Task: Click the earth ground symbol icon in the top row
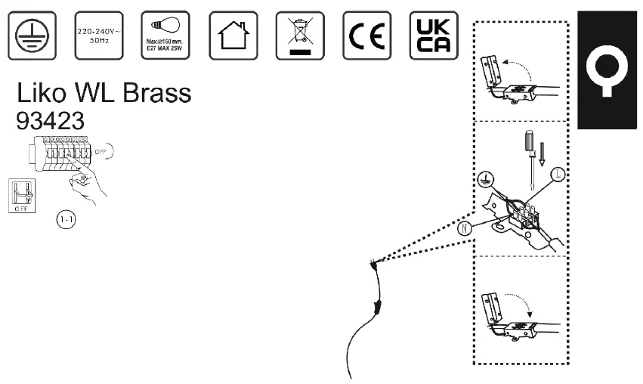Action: click(x=31, y=36)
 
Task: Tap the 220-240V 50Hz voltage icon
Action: click(x=97, y=35)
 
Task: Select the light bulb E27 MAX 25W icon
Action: click(x=164, y=36)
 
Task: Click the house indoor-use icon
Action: click(x=232, y=36)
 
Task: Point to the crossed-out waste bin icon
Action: click(x=300, y=36)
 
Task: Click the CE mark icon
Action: click(x=366, y=36)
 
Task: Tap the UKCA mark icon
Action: click(x=434, y=36)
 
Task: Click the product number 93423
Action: click(x=50, y=121)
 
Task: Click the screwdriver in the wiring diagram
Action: click(x=531, y=155)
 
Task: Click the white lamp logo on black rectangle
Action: click(x=608, y=72)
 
